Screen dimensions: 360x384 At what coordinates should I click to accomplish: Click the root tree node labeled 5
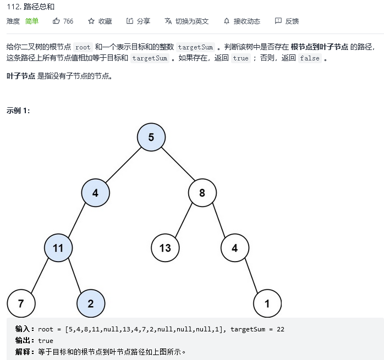pyautogui.click(x=151, y=137)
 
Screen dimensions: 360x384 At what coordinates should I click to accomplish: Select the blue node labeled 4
pyautogui.click(x=95, y=193)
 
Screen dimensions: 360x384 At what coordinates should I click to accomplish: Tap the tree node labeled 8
pyautogui.click(x=202, y=193)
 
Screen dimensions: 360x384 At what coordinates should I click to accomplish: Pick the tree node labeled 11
pyautogui.click(x=58, y=248)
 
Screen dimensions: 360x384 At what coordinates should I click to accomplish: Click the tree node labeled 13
pyautogui.click(x=165, y=248)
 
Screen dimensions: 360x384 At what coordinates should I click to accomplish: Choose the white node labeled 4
pyautogui.click(x=235, y=248)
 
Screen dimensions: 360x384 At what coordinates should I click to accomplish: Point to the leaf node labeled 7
pyautogui.click(x=21, y=303)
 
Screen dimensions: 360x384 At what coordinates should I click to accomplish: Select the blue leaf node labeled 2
pyautogui.click(x=91, y=303)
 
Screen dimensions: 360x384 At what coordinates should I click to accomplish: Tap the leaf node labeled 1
pyautogui.click(x=267, y=303)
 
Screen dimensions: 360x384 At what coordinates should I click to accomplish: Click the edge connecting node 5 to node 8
pyautogui.click(x=177, y=165)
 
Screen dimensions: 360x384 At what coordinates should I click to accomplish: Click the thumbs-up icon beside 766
pyautogui.click(x=56, y=21)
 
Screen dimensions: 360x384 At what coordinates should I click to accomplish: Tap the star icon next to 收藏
pyautogui.click(x=91, y=21)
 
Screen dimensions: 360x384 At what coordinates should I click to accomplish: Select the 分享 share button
pyautogui.click(x=138, y=21)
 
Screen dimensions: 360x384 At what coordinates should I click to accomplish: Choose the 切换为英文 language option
pyautogui.click(x=187, y=21)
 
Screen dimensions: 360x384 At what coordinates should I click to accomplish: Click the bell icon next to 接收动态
pyautogui.click(x=227, y=21)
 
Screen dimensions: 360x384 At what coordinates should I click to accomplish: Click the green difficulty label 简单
pyautogui.click(x=32, y=21)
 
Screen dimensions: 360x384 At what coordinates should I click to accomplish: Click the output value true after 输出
pyautogui.click(x=46, y=341)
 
